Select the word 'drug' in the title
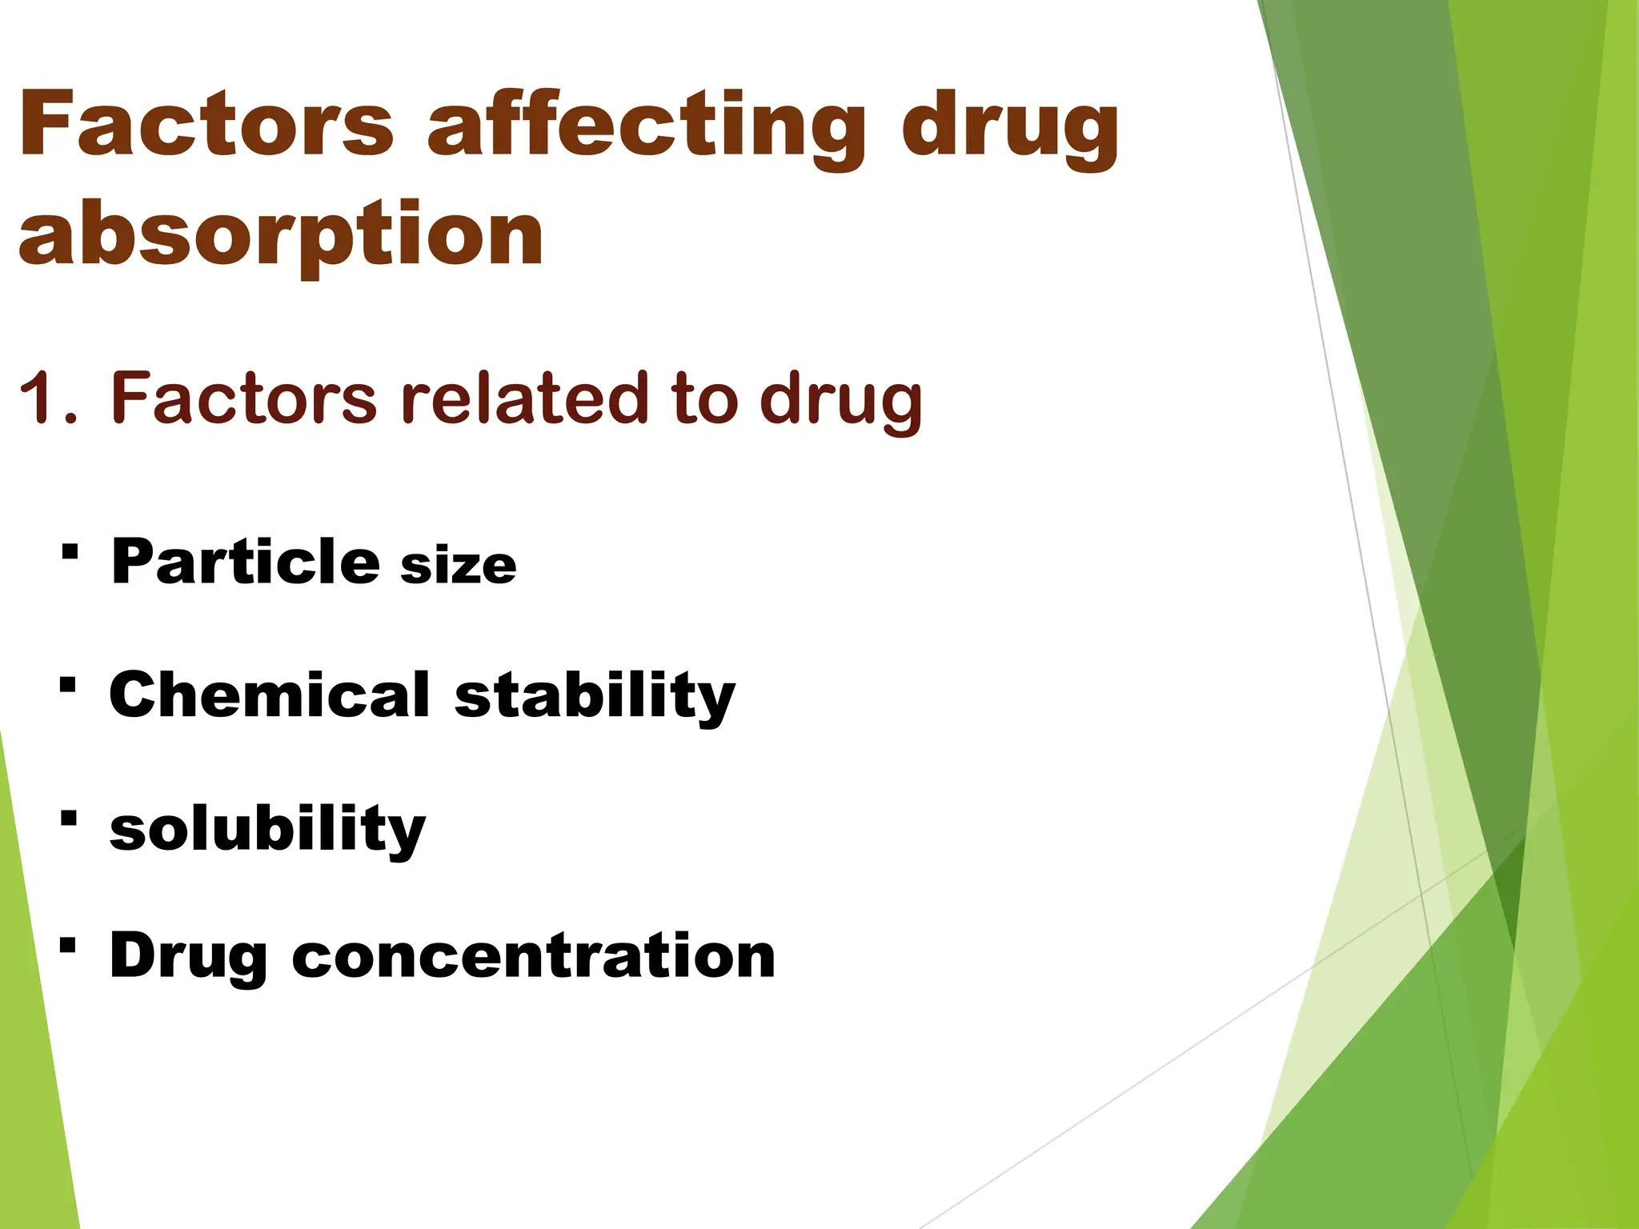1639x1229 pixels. tap(1010, 128)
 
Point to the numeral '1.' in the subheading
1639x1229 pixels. tap(48, 398)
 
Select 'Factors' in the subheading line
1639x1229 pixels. tap(243, 398)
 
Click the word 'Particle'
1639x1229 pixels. tap(245, 562)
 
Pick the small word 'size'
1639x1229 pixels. tap(459, 566)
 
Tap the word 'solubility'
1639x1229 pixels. tap(267, 830)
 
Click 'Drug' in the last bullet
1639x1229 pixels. tap(188, 957)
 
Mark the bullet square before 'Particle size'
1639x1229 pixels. tap(70, 551)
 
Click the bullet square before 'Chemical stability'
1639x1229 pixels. tap(68, 685)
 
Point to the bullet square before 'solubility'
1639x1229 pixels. tap(69, 818)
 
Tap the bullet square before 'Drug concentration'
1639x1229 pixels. tap(68, 946)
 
